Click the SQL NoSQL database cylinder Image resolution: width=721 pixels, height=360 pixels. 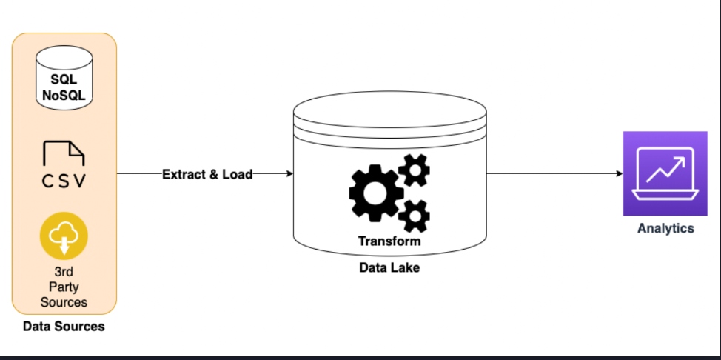(x=64, y=81)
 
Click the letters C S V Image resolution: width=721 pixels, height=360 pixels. (x=64, y=181)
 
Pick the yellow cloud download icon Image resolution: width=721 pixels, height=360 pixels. (x=64, y=236)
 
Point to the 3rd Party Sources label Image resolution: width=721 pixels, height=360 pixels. (x=64, y=287)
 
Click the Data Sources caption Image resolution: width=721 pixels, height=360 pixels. (x=64, y=326)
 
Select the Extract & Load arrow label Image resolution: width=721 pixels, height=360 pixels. (x=207, y=174)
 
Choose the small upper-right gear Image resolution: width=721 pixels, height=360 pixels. (x=415, y=171)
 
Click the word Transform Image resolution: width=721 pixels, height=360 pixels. (x=389, y=241)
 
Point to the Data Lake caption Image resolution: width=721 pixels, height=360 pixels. (x=389, y=267)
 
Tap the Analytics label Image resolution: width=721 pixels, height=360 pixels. (x=665, y=228)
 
